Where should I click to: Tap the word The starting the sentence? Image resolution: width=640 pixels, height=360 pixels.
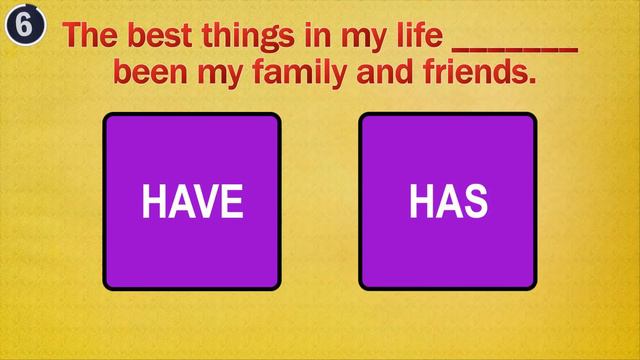tap(91, 35)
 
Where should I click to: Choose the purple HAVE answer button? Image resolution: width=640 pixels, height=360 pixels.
tap(192, 201)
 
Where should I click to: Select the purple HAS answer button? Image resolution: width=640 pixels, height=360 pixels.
tap(447, 201)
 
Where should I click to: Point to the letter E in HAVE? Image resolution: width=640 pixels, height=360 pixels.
tap(232, 202)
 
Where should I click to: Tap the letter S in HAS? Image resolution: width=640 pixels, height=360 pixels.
tap(475, 202)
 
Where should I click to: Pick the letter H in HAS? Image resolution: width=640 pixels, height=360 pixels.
tap(421, 202)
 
